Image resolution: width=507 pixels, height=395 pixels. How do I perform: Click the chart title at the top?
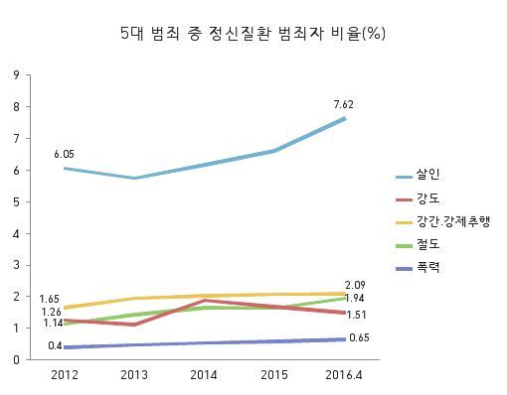[x=253, y=34]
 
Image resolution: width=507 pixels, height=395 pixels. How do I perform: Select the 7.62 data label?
[x=344, y=104]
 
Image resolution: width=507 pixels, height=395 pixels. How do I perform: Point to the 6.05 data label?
[x=64, y=154]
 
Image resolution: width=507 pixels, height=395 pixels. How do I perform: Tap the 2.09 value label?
[x=355, y=285]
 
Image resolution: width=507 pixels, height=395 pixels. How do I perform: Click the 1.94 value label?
[x=354, y=298]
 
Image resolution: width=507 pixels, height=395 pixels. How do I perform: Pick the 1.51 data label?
[x=356, y=315]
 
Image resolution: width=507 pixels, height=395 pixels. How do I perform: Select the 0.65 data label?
[x=359, y=337]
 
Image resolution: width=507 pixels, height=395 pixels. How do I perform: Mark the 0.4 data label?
[x=55, y=345]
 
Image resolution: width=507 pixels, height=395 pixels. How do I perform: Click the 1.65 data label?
[x=49, y=299]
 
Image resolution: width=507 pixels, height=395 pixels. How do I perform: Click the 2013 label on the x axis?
[x=134, y=375]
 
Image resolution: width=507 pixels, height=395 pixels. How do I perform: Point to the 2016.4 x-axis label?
[x=344, y=375]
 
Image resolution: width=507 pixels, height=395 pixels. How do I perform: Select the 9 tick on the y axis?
[x=17, y=75]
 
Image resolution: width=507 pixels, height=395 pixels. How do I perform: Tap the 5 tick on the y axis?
[x=17, y=201]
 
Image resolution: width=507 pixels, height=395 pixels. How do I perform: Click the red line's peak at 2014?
[x=205, y=301]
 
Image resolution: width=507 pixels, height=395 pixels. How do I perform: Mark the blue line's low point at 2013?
[x=134, y=178]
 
